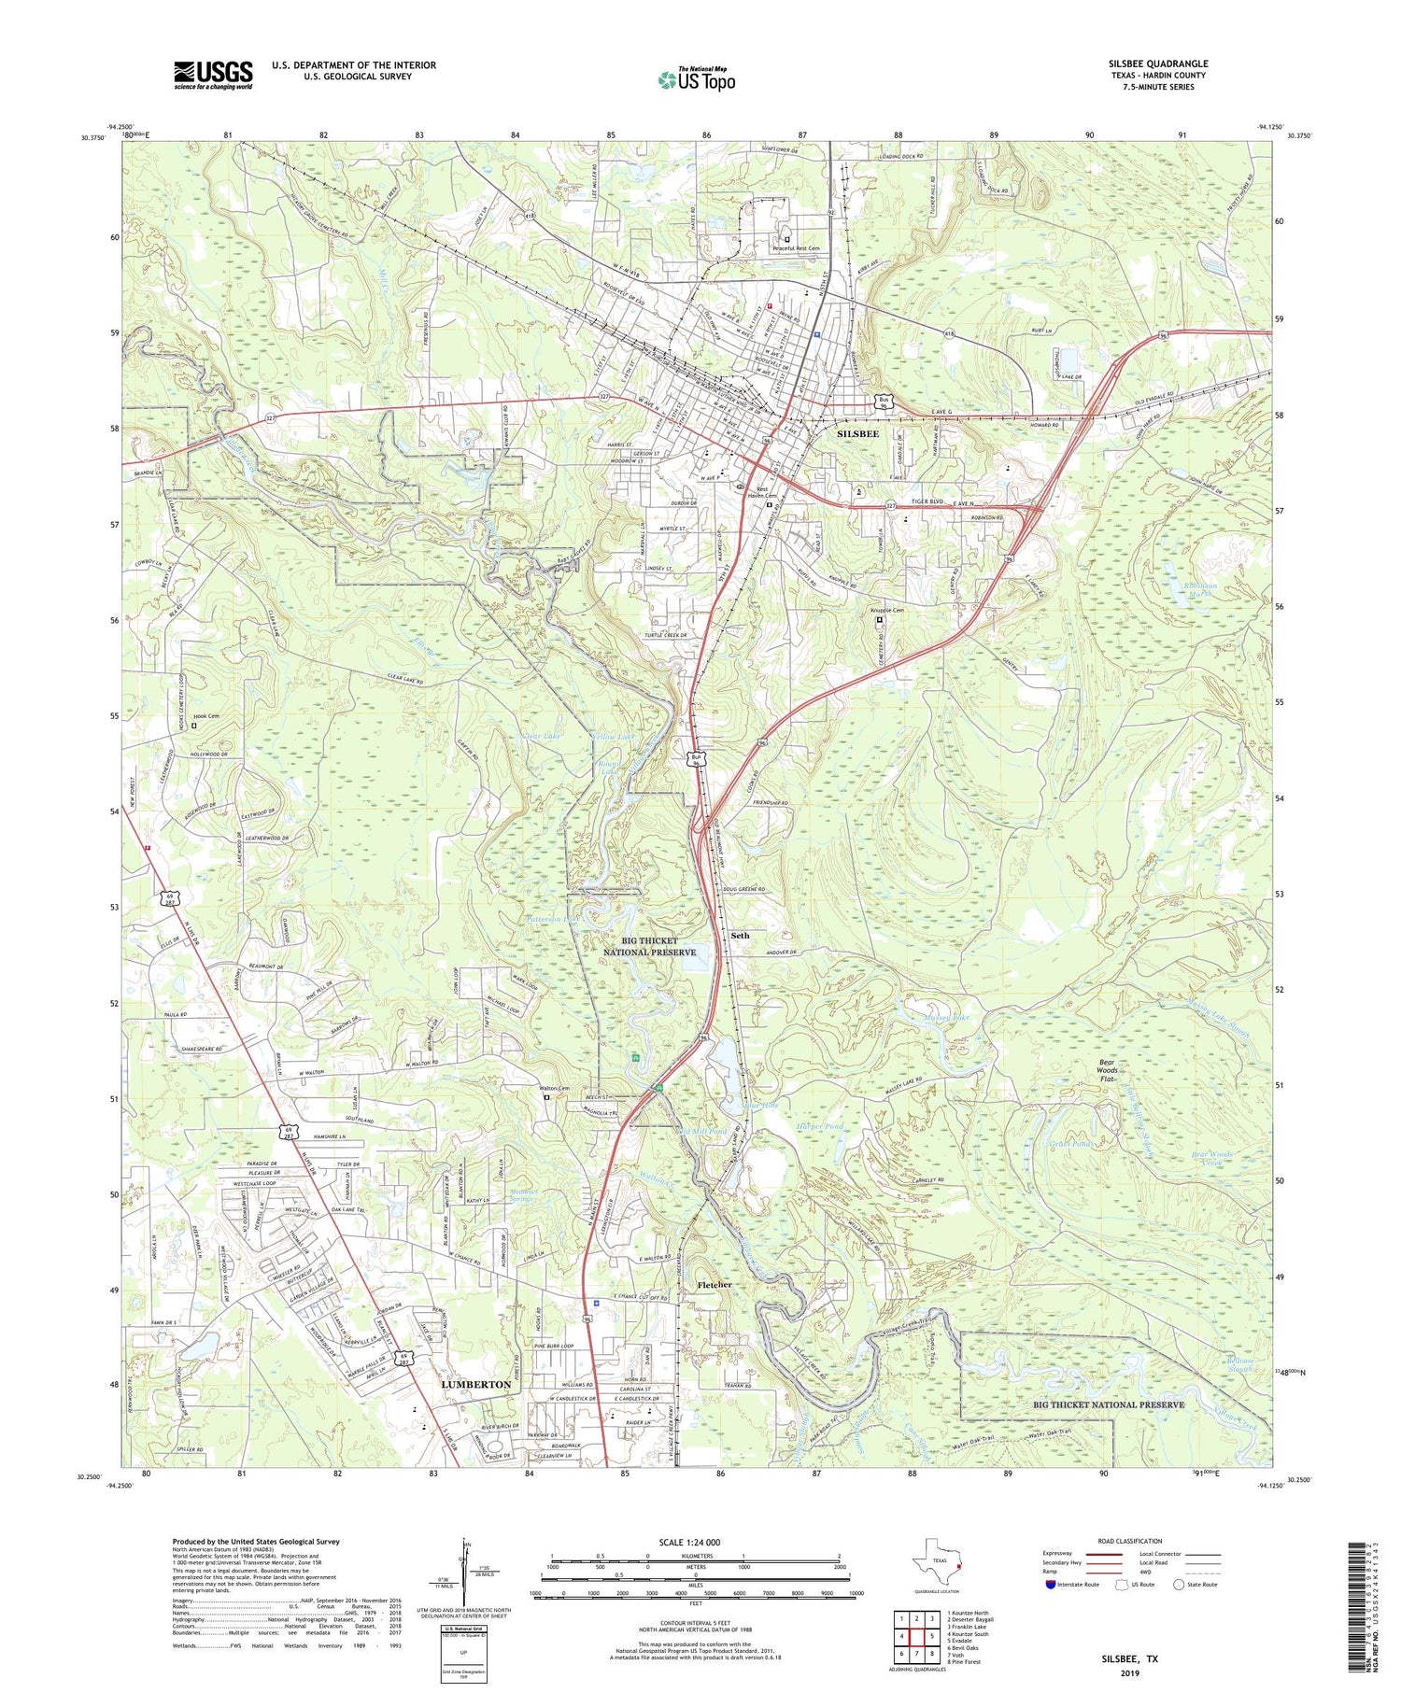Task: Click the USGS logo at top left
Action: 213,75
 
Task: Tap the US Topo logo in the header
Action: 696,80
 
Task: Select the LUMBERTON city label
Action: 475,1384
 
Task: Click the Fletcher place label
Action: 715,1285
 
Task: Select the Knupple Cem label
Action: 886,611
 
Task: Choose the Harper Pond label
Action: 819,1127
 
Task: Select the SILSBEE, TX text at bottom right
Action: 1125,1658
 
